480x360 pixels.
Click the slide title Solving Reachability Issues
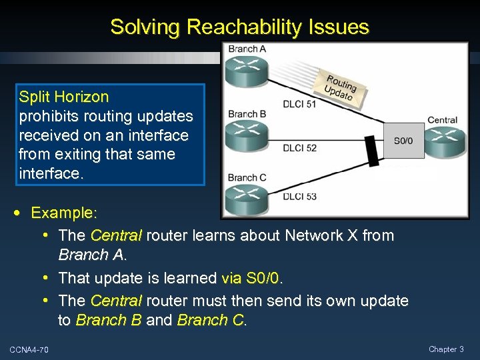[239, 27]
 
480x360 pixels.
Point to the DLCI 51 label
[299, 103]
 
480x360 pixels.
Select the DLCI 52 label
[299, 148]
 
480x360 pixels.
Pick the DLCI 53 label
[299, 196]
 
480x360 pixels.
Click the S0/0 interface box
[403, 141]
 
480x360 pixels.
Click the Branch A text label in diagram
[247, 49]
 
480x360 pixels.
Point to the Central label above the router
[442, 121]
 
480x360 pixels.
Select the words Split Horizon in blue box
[64, 97]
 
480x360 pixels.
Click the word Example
[64, 213]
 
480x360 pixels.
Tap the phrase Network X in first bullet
[321, 235]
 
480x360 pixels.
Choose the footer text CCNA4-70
[29, 349]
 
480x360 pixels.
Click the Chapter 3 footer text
[447, 349]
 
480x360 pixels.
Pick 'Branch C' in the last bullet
[211, 320]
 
